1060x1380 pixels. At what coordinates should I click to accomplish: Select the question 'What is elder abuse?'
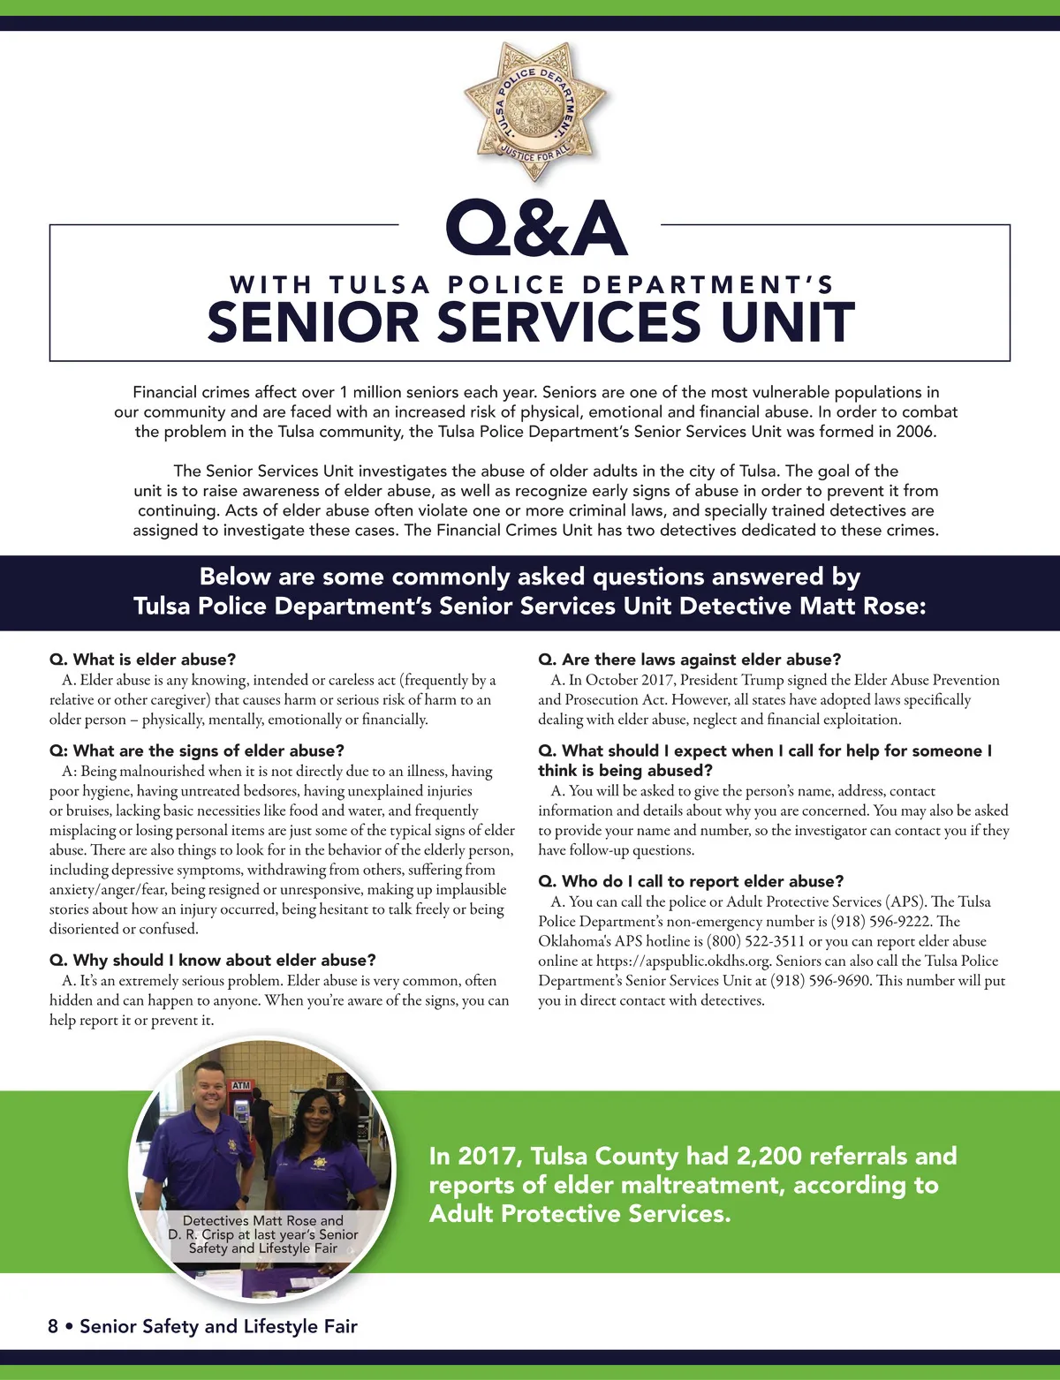[143, 660]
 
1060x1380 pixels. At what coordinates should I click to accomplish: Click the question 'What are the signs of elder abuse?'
[196, 750]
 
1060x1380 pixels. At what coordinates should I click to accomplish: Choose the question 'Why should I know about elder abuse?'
[213, 960]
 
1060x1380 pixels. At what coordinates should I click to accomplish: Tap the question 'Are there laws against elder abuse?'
[689, 660]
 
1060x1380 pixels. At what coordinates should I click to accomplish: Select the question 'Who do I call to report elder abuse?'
[691, 881]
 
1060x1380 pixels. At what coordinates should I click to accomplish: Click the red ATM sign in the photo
[240, 1085]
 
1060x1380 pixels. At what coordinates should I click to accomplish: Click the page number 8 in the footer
[53, 1326]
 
